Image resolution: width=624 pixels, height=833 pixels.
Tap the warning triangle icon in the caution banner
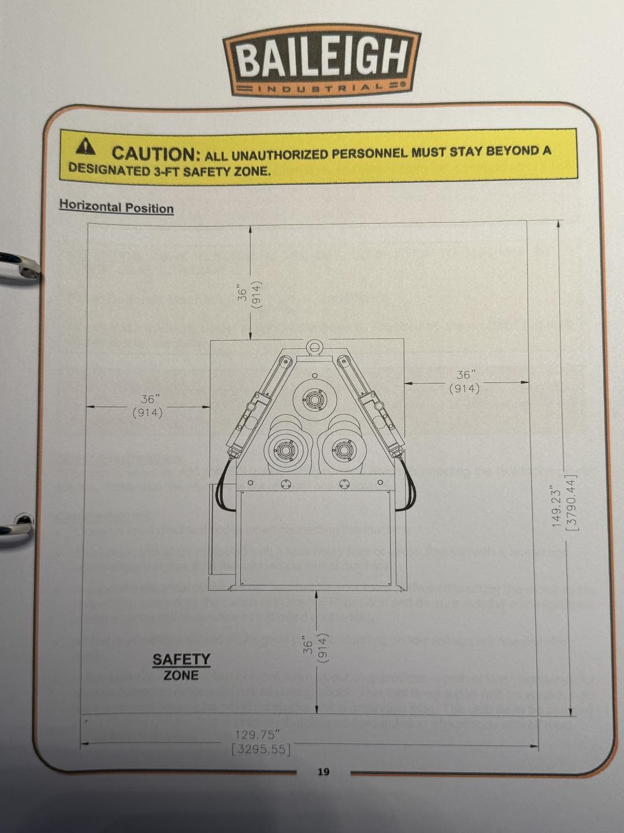pos(87,148)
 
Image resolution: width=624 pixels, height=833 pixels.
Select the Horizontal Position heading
pos(116,207)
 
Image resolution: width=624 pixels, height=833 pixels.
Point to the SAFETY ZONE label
pos(181,667)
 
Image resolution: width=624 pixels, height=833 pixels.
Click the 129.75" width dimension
pos(258,735)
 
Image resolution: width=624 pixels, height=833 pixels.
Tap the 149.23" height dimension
pos(557,504)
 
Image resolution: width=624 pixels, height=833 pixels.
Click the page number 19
pos(323,772)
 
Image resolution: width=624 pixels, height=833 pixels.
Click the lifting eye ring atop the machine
pos(314,347)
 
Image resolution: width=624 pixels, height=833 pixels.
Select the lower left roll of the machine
pos(287,449)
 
